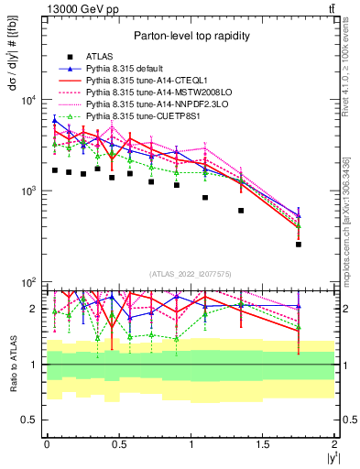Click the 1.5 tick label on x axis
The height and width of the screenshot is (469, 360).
263,444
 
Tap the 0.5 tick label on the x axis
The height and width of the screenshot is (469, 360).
119,444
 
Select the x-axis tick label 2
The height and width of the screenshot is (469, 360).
334,444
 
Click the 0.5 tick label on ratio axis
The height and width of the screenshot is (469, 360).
30,420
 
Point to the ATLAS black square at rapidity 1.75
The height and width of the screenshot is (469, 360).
299,245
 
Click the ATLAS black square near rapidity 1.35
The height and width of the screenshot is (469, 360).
241,211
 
